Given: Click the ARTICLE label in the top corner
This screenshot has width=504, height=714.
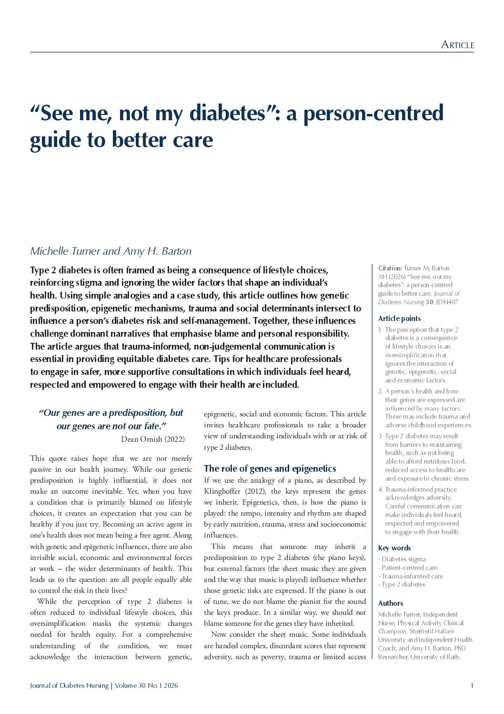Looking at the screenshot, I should (x=457, y=45).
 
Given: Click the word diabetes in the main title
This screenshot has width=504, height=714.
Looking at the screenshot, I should (x=227, y=113).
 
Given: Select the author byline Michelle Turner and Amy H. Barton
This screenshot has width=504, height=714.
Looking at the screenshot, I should (x=111, y=251).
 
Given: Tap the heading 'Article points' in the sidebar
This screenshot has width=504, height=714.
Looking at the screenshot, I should (x=399, y=319).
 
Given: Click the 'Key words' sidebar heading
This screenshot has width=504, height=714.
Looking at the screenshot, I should (x=394, y=548).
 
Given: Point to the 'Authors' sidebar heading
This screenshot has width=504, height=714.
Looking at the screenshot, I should (x=391, y=603).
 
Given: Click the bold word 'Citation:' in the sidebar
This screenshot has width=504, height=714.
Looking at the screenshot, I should (x=390, y=269).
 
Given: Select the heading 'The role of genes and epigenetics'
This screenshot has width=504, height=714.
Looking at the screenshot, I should (x=270, y=468).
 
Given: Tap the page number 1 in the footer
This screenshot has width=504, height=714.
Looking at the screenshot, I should (x=472, y=686).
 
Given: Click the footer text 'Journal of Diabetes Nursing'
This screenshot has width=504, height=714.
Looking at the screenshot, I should (x=69, y=686).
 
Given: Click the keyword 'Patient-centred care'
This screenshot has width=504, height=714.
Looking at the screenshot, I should (x=409, y=568).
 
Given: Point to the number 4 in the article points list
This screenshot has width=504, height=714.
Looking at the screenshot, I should (x=380, y=489).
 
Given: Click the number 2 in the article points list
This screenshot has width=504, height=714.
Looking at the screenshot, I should (x=380, y=392).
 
